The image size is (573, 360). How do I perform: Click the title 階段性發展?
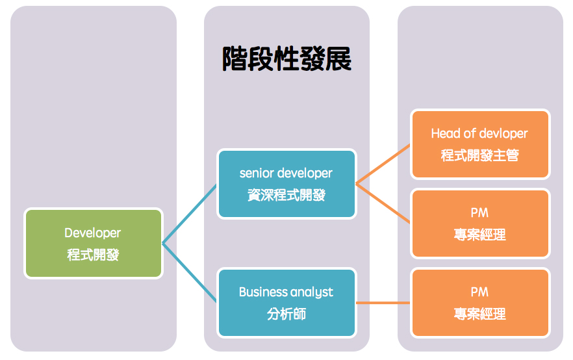tap(286, 59)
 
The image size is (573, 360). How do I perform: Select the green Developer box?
tap(93, 243)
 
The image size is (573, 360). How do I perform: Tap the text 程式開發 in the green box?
tap(93, 255)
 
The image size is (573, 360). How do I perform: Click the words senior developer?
tap(286, 174)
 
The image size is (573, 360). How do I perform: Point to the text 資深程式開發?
tap(286, 195)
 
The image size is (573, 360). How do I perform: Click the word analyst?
tap(312, 292)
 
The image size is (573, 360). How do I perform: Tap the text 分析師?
tap(286, 314)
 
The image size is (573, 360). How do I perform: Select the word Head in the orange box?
tap(444, 134)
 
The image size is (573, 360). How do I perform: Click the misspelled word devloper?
tap(503, 134)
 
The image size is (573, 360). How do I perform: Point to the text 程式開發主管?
tap(479, 155)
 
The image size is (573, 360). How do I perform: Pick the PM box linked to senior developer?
tap(479, 223)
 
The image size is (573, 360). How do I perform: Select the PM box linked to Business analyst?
tap(479, 303)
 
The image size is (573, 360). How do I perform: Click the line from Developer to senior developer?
tap(189, 214)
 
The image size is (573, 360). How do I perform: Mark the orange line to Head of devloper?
tap(383, 163)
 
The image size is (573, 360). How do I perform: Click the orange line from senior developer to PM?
tap(383, 203)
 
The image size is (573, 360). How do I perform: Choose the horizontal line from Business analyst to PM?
tap(383, 303)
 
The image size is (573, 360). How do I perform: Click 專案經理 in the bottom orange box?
tap(479, 314)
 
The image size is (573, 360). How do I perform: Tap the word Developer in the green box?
tap(93, 233)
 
